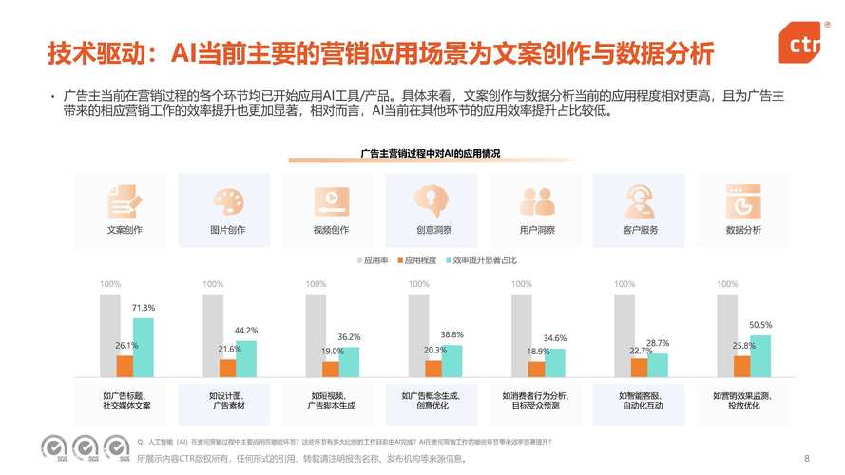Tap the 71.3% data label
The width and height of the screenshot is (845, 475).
144,308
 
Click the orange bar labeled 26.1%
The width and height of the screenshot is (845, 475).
125,366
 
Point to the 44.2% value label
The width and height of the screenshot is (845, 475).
246,331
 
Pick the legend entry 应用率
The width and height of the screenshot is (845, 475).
374,259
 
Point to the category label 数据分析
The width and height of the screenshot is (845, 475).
743,230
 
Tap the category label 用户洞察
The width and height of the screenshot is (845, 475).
537,230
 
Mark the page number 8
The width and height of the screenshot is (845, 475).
807,456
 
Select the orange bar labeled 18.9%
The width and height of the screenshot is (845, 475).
537,369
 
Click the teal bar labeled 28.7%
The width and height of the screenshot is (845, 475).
658,365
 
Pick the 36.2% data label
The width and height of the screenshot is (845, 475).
350,337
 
